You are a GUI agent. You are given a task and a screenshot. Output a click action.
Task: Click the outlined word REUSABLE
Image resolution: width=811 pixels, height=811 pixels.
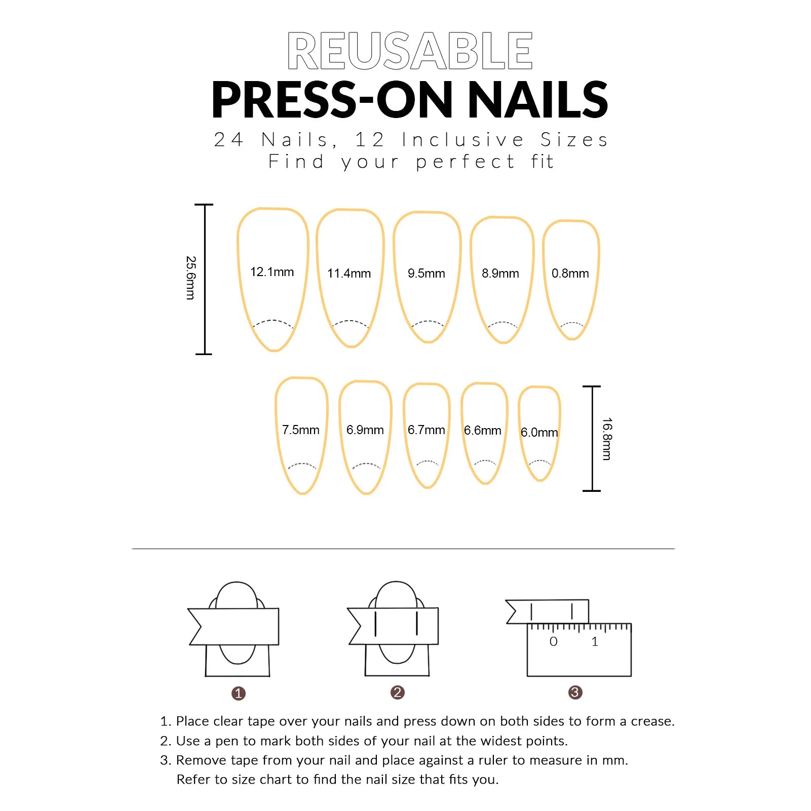(x=410, y=50)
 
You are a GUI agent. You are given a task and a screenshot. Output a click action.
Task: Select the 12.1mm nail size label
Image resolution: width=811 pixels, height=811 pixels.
(x=272, y=272)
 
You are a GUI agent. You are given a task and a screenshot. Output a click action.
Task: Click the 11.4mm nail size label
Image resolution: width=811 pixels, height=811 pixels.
(x=349, y=274)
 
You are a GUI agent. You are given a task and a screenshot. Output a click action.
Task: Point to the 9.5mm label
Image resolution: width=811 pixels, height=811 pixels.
(x=427, y=274)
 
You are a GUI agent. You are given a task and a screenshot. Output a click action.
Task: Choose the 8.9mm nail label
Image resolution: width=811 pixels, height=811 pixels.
(x=500, y=274)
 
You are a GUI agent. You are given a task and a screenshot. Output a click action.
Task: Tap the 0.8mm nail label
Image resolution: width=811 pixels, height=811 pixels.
(x=570, y=274)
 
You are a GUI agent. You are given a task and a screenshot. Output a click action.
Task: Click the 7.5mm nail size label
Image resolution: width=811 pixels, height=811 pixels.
(x=301, y=430)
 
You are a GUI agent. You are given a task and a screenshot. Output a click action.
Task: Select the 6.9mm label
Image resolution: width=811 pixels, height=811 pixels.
(x=365, y=430)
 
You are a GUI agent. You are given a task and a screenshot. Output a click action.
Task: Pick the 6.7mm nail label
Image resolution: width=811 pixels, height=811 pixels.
(x=427, y=430)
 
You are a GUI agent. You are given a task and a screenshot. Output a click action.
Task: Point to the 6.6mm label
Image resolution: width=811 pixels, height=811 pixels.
(x=483, y=431)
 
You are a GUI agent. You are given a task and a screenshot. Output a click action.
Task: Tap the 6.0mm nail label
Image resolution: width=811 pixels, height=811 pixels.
(x=539, y=433)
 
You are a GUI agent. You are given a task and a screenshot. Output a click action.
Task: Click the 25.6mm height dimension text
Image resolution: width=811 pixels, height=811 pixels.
(x=190, y=278)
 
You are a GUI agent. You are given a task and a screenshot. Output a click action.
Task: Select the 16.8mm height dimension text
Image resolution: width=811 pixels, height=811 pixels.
(x=607, y=439)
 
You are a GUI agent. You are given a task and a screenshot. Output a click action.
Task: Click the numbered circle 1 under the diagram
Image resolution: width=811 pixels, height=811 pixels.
(x=239, y=693)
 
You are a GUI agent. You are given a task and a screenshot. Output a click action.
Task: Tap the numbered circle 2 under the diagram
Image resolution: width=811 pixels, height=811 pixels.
(x=398, y=692)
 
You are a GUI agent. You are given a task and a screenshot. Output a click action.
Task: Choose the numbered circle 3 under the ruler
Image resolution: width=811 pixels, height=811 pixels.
(x=575, y=692)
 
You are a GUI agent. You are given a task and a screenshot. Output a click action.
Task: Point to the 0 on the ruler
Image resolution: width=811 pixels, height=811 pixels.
(x=554, y=642)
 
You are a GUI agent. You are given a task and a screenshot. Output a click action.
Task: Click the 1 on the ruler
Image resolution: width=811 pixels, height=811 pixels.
(x=595, y=642)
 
